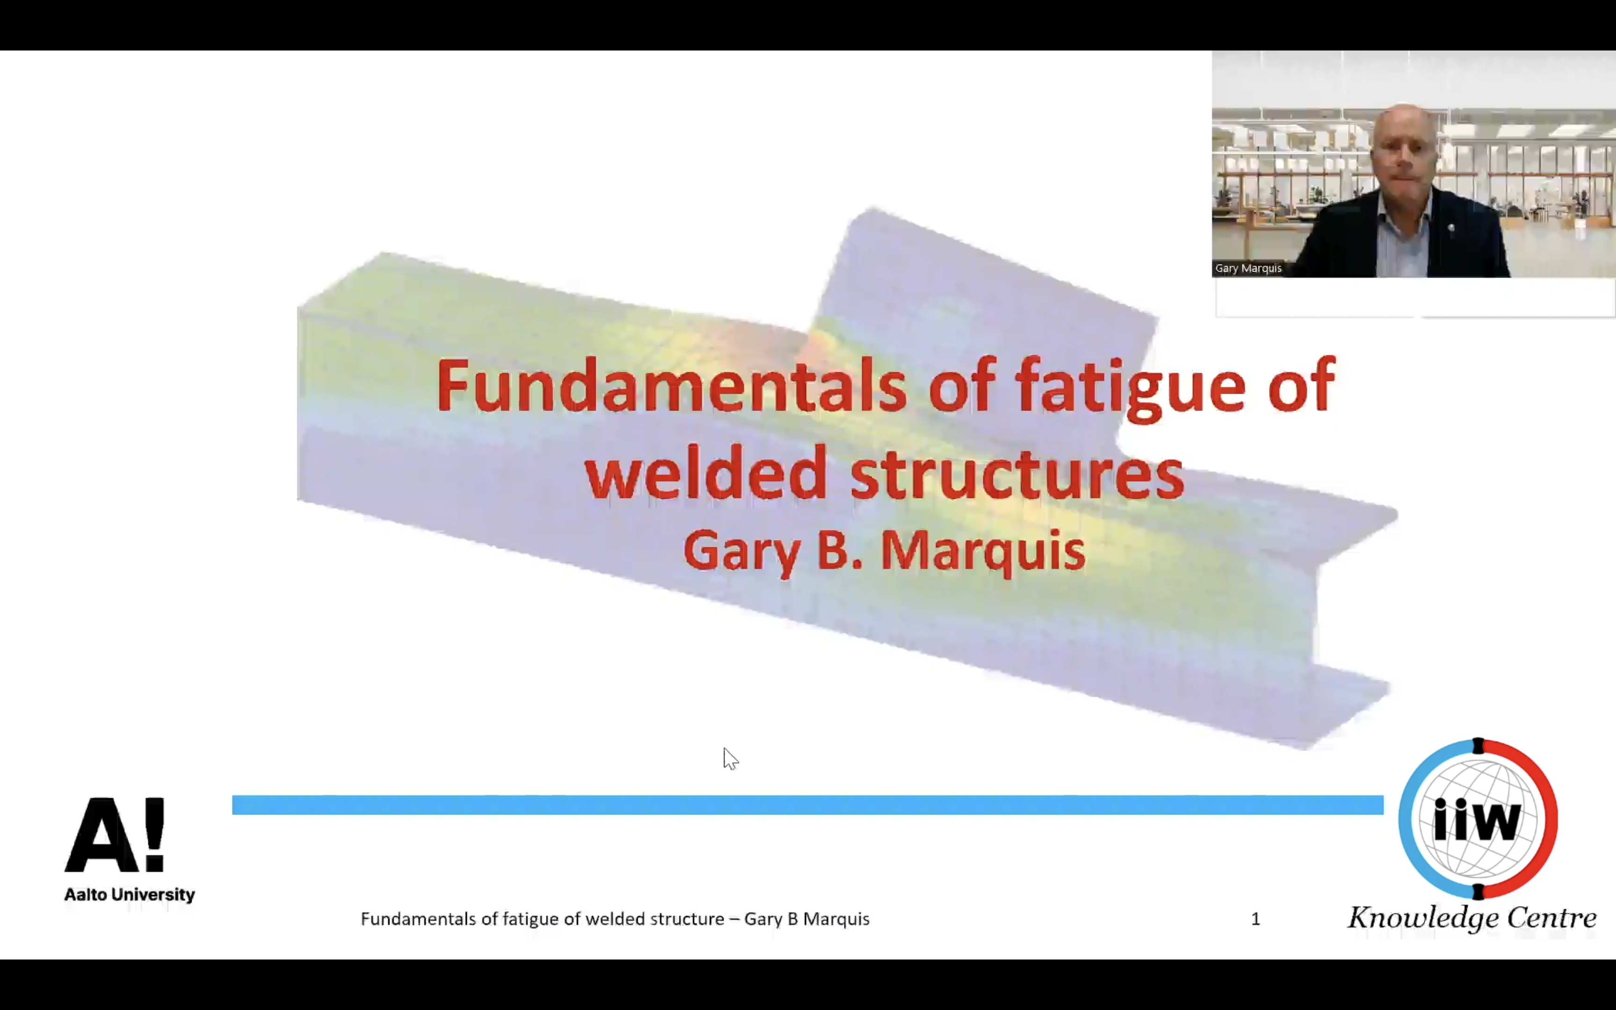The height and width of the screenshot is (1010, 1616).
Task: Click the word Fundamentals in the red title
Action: coord(671,385)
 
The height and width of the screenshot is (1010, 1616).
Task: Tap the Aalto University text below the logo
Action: coord(130,895)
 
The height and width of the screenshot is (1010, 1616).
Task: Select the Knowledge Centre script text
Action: coord(1472,918)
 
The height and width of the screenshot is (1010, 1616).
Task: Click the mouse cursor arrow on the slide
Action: coord(730,759)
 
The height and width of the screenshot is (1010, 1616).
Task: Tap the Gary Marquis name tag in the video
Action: coord(1248,268)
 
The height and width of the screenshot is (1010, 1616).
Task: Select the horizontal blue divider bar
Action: coord(808,805)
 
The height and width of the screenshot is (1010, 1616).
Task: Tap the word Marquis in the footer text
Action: coord(836,920)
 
